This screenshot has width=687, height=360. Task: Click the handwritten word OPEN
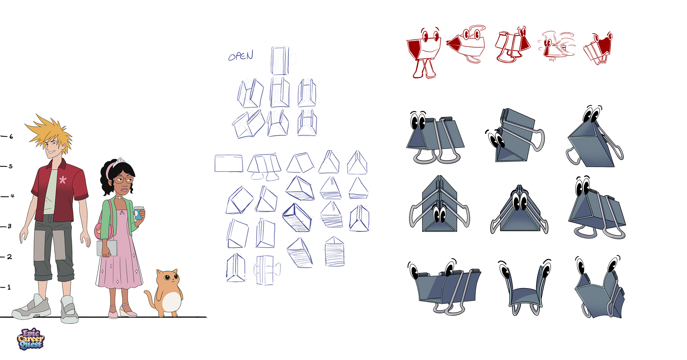[x=240, y=56]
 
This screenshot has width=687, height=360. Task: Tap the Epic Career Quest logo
[x=30, y=339]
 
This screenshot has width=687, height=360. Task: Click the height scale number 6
[x=11, y=136]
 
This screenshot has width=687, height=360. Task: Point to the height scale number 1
[x=9, y=287]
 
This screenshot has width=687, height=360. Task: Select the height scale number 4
[x=12, y=196]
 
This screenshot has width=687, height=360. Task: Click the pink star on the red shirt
[x=63, y=180]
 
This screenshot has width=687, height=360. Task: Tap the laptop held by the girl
[x=107, y=248]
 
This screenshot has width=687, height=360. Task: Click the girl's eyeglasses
[x=124, y=180]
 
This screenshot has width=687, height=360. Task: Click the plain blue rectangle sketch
[x=229, y=164]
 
